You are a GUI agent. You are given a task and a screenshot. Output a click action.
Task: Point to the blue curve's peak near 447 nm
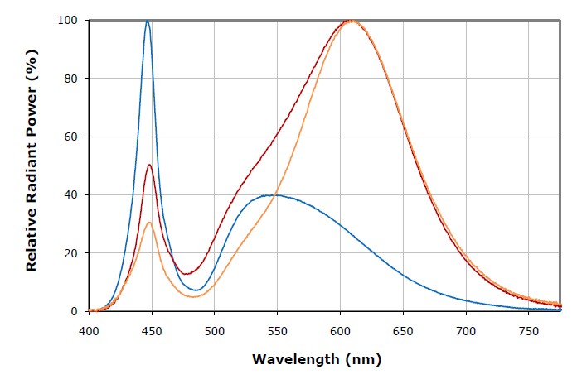click(148, 22)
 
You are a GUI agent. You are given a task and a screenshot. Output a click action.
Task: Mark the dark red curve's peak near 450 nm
click(149, 165)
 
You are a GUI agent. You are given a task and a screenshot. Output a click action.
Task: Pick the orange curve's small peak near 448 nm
click(148, 222)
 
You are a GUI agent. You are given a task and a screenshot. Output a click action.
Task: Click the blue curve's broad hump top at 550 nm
click(276, 195)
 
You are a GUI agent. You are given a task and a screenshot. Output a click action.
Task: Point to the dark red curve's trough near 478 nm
click(187, 273)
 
